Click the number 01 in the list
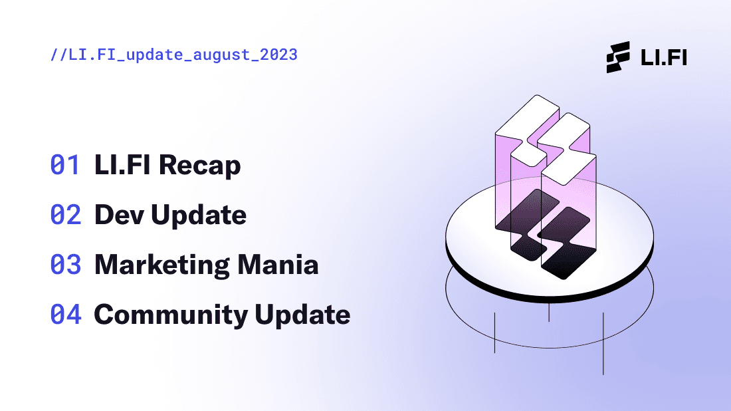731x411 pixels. click(x=65, y=165)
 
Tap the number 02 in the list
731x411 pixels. click(x=65, y=215)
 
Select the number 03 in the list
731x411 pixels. click(x=65, y=265)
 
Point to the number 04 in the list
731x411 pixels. click(x=66, y=315)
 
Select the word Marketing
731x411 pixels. click(x=162, y=265)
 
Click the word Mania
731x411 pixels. click(x=278, y=265)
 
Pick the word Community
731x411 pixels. click(x=171, y=315)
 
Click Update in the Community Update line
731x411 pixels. click(x=302, y=315)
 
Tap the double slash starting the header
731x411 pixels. click(x=58, y=55)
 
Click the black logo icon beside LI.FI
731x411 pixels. click(x=618, y=57)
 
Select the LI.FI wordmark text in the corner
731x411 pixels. click(x=663, y=57)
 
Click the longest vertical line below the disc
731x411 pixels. click(x=603, y=344)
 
